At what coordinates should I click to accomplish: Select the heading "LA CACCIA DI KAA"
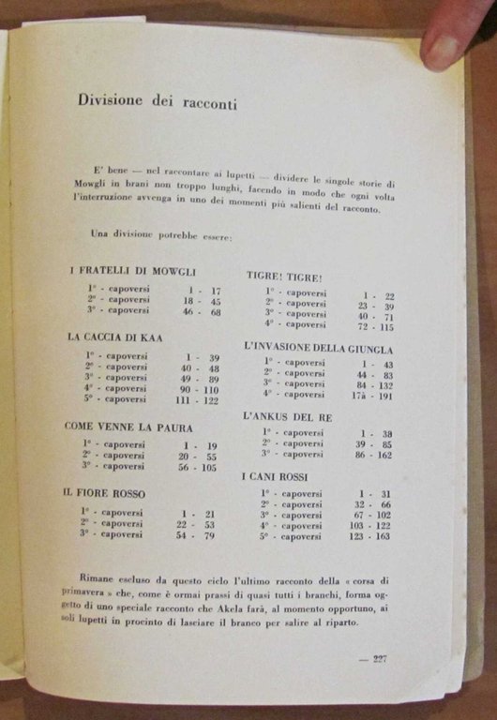[117, 337]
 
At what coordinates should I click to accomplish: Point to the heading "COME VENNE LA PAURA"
[127, 427]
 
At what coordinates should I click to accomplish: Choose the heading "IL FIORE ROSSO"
[103, 492]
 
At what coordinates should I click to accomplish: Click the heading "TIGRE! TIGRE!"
[284, 277]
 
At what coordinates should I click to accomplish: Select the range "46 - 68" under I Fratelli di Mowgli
[201, 310]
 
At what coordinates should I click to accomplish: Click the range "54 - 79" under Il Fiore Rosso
[197, 535]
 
